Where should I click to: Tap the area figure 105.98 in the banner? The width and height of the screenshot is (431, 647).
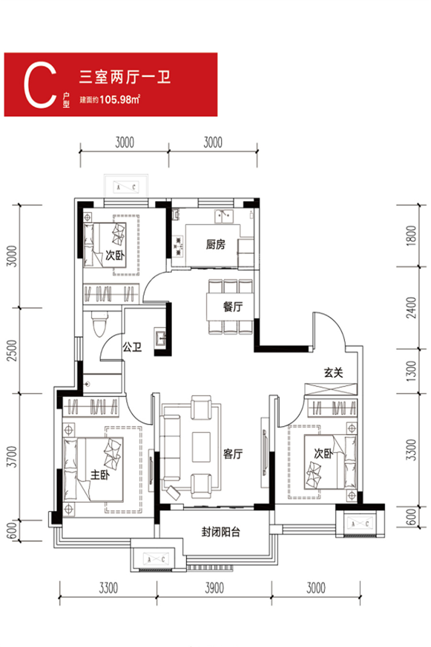(x=115, y=100)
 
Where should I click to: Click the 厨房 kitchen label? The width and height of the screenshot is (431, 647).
(x=215, y=244)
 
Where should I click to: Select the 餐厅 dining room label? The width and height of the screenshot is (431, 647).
(x=233, y=307)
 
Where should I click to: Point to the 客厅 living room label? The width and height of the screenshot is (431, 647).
(x=233, y=454)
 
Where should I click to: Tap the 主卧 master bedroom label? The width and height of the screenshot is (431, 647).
(x=100, y=474)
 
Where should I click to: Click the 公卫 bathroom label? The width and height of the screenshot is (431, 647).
(x=132, y=347)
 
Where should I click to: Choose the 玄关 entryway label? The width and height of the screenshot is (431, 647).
(x=333, y=372)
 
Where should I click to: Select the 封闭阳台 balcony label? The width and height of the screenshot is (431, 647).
(x=221, y=532)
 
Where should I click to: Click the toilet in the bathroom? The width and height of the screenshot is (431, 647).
(x=100, y=324)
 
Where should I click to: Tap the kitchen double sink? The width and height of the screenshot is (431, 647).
(x=224, y=217)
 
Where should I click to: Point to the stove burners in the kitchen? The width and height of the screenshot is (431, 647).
(x=179, y=246)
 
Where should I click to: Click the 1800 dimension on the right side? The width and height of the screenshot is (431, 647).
(x=412, y=235)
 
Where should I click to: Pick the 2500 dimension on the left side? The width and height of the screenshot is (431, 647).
(x=12, y=350)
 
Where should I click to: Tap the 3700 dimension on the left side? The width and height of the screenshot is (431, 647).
(x=12, y=457)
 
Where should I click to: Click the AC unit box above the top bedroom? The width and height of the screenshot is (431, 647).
(x=126, y=187)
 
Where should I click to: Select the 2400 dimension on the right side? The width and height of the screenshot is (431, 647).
(x=412, y=308)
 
